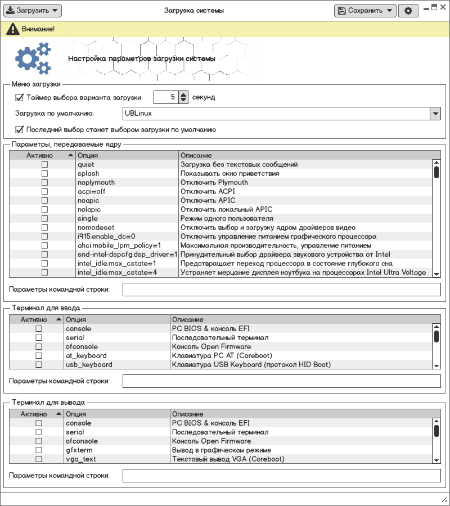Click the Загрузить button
point(33,11)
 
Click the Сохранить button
point(364,11)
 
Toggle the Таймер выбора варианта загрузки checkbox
point(20,97)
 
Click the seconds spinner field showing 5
point(166,97)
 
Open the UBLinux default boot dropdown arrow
point(435,114)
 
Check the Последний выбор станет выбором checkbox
point(20,130)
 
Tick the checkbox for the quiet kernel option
point(44,165)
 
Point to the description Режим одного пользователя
point(227,219)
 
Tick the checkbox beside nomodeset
point(44,228)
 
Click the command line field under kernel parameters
point(281,290)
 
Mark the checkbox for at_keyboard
point(39,356)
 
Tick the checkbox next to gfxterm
point(39,450)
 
